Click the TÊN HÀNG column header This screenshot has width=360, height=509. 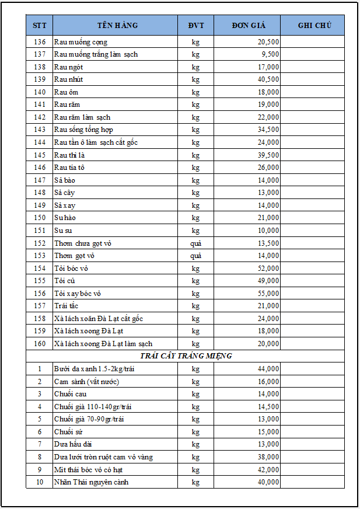(117, 25)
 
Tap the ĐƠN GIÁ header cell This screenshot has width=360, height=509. (248, 25)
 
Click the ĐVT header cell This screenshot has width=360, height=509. (195, 25)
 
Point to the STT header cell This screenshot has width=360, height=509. (40, 25)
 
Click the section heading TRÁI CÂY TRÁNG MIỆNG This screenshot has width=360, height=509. (186, 356)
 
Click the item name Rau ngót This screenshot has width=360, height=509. (68, 67)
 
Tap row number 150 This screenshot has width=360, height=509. (40, 218)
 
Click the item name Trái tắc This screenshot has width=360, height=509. (66, 306)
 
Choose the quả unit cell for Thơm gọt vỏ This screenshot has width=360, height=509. (195, 256)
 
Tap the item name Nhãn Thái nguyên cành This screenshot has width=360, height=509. (91, 482)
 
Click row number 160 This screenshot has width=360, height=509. (40, 344)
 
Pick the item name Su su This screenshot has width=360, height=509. (62, 231)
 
